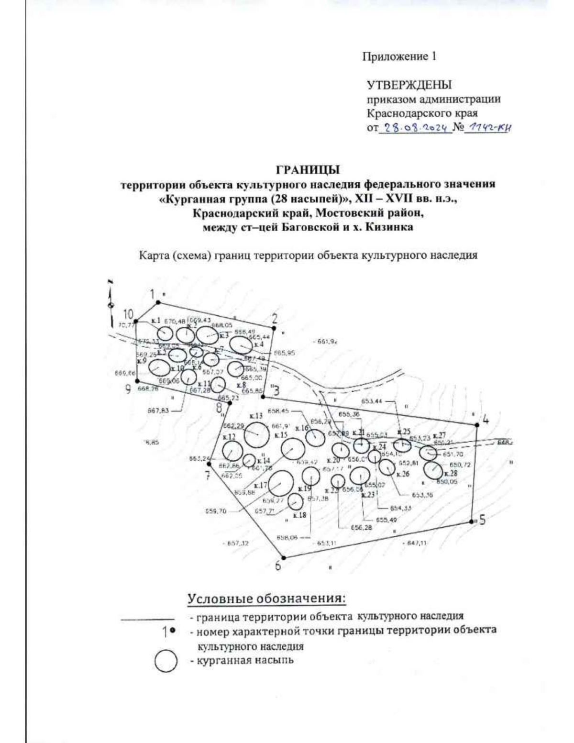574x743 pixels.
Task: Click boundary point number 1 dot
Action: click(x=159, y=302)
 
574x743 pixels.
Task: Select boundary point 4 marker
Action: click(x=477, y=424)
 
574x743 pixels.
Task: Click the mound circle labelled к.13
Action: click(x=256, y=434)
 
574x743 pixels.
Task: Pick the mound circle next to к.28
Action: click(x=433, y=470)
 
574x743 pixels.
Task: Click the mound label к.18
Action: click(x=299, y=515)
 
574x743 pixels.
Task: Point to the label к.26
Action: click(x=403, y=474)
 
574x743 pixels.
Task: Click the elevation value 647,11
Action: click(x=416, y=543)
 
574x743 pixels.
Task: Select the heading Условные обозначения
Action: click(x=266, y=599)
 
